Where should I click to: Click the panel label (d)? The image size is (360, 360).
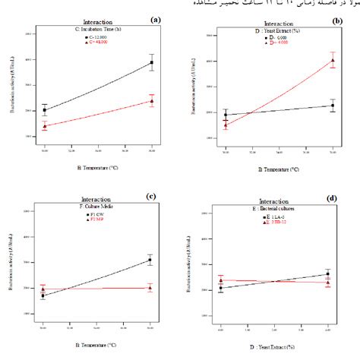point(332,198)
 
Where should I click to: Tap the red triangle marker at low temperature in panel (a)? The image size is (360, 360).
point(44,126)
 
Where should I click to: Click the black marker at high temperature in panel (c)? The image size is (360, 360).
point(150,261)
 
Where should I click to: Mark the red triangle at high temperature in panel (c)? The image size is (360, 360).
point(150,288)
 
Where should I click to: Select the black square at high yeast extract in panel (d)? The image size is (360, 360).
point(327,274)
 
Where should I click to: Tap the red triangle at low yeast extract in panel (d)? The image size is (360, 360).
point(220,280)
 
